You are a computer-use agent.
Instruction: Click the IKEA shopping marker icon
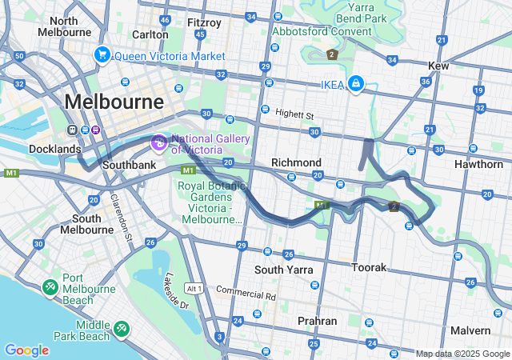355,83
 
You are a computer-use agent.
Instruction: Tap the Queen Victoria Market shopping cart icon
102,55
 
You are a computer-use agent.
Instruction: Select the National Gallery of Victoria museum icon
158,143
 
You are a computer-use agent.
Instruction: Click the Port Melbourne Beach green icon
50,286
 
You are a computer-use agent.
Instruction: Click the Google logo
26,350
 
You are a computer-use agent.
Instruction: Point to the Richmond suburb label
296,162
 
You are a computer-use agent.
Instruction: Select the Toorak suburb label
370,266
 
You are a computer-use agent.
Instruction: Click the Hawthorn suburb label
478,164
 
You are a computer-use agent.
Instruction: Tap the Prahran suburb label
317,321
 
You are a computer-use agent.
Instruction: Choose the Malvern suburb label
470,330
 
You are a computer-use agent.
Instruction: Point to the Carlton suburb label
150,34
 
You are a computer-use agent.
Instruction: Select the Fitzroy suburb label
203,22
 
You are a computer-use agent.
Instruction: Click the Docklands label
54,149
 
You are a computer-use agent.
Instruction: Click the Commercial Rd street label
246,294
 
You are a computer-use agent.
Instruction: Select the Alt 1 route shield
194,287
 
